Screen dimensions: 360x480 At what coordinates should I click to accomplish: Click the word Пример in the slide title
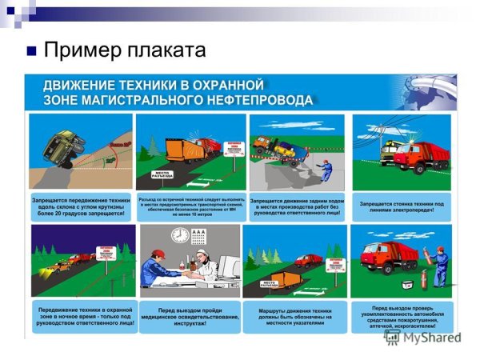pyautogui.click(x=79, y=50)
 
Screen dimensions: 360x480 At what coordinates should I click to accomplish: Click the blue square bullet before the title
pyautogui.click(x=32, y=52)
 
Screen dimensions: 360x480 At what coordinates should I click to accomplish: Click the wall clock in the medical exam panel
pyautogui.click(x=180, y=235)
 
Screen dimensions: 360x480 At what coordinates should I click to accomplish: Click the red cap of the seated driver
pyautogui.click(x=158, y=254)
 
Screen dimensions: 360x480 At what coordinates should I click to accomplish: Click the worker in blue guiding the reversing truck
pyautogui.click(x=326, y=172)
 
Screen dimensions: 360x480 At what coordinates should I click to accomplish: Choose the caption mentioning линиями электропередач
pyautogui.click(x=401, y=206)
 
